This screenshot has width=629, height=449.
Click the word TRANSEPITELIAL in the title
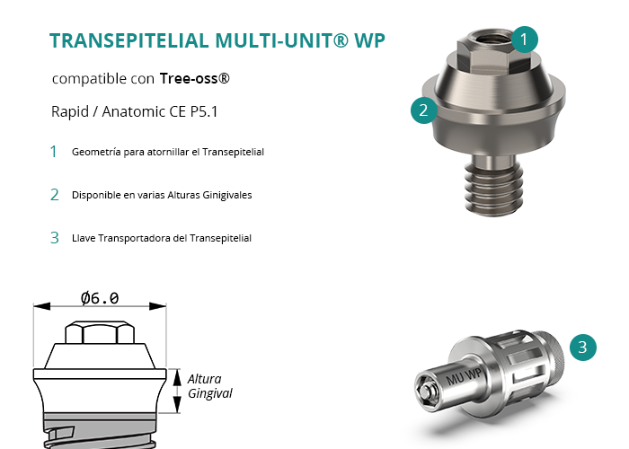point(129,40)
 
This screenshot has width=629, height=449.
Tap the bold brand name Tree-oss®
point(195,78)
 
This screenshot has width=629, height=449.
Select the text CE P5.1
point(193,111)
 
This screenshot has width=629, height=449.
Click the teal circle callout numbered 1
point(524,40)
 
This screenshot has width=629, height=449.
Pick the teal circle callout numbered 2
point(424,110)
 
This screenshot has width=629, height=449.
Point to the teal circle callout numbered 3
point(583,348)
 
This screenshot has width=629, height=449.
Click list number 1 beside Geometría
point(53,152)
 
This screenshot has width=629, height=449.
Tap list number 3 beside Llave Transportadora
point(55,238)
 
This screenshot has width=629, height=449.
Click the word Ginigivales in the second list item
point(227,195)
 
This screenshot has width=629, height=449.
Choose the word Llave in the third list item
point(84,238)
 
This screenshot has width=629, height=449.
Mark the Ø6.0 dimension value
point(100,298)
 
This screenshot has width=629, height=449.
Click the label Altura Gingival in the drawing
point(209,386)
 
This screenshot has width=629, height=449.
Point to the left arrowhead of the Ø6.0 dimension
point(41,306)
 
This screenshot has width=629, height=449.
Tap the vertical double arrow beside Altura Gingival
point(177,391)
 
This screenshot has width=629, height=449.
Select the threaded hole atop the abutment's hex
point(493,38)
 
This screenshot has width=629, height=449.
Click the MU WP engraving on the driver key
point(464,376)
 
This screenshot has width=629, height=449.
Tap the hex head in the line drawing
point(100,332)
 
